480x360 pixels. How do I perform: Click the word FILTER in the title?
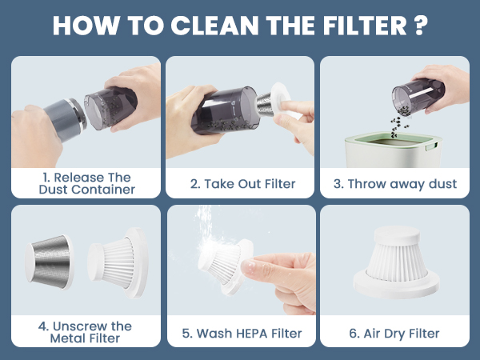tap(365, 25)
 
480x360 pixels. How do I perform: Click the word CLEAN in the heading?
tap(215, 25)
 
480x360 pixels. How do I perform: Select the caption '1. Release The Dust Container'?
tap(87, 183)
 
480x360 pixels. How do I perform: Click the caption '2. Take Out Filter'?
tap(242, 184)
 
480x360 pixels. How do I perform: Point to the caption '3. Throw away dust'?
tap(395, 184)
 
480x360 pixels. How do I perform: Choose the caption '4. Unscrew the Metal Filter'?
tap(85, 332)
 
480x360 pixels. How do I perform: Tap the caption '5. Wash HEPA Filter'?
tap(242, 334)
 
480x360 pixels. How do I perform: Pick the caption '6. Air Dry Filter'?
tap(394, 334)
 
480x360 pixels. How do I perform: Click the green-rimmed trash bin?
tap(394, 150)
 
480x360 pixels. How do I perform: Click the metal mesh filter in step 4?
tap(49, 262)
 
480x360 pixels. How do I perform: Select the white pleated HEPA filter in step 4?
tap(118, 262)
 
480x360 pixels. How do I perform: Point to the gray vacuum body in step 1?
tap(65, 119)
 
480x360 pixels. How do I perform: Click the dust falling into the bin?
tap(398, 126)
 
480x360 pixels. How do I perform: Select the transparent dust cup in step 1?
tap(110, 108)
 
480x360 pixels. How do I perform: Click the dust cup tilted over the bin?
tap(418, 96)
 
